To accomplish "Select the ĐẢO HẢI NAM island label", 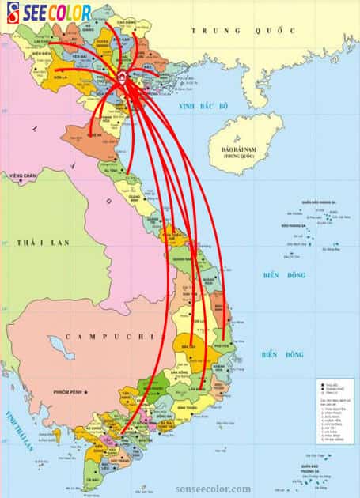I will (239, 151).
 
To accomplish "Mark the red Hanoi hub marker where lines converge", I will (123, 77).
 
